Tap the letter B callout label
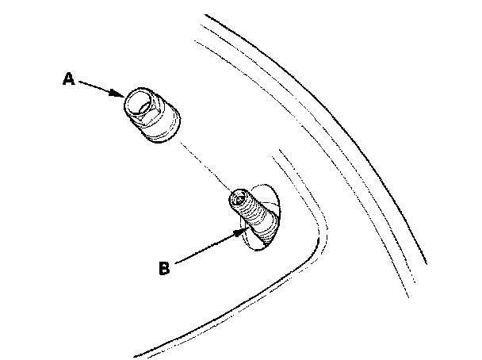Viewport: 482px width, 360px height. point(164,269)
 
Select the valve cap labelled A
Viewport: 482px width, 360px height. point(152,115)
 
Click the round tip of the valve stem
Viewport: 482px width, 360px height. point(238,197)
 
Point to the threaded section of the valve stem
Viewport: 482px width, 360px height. point(251,212)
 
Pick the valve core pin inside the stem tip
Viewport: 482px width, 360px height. point(237,197)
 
